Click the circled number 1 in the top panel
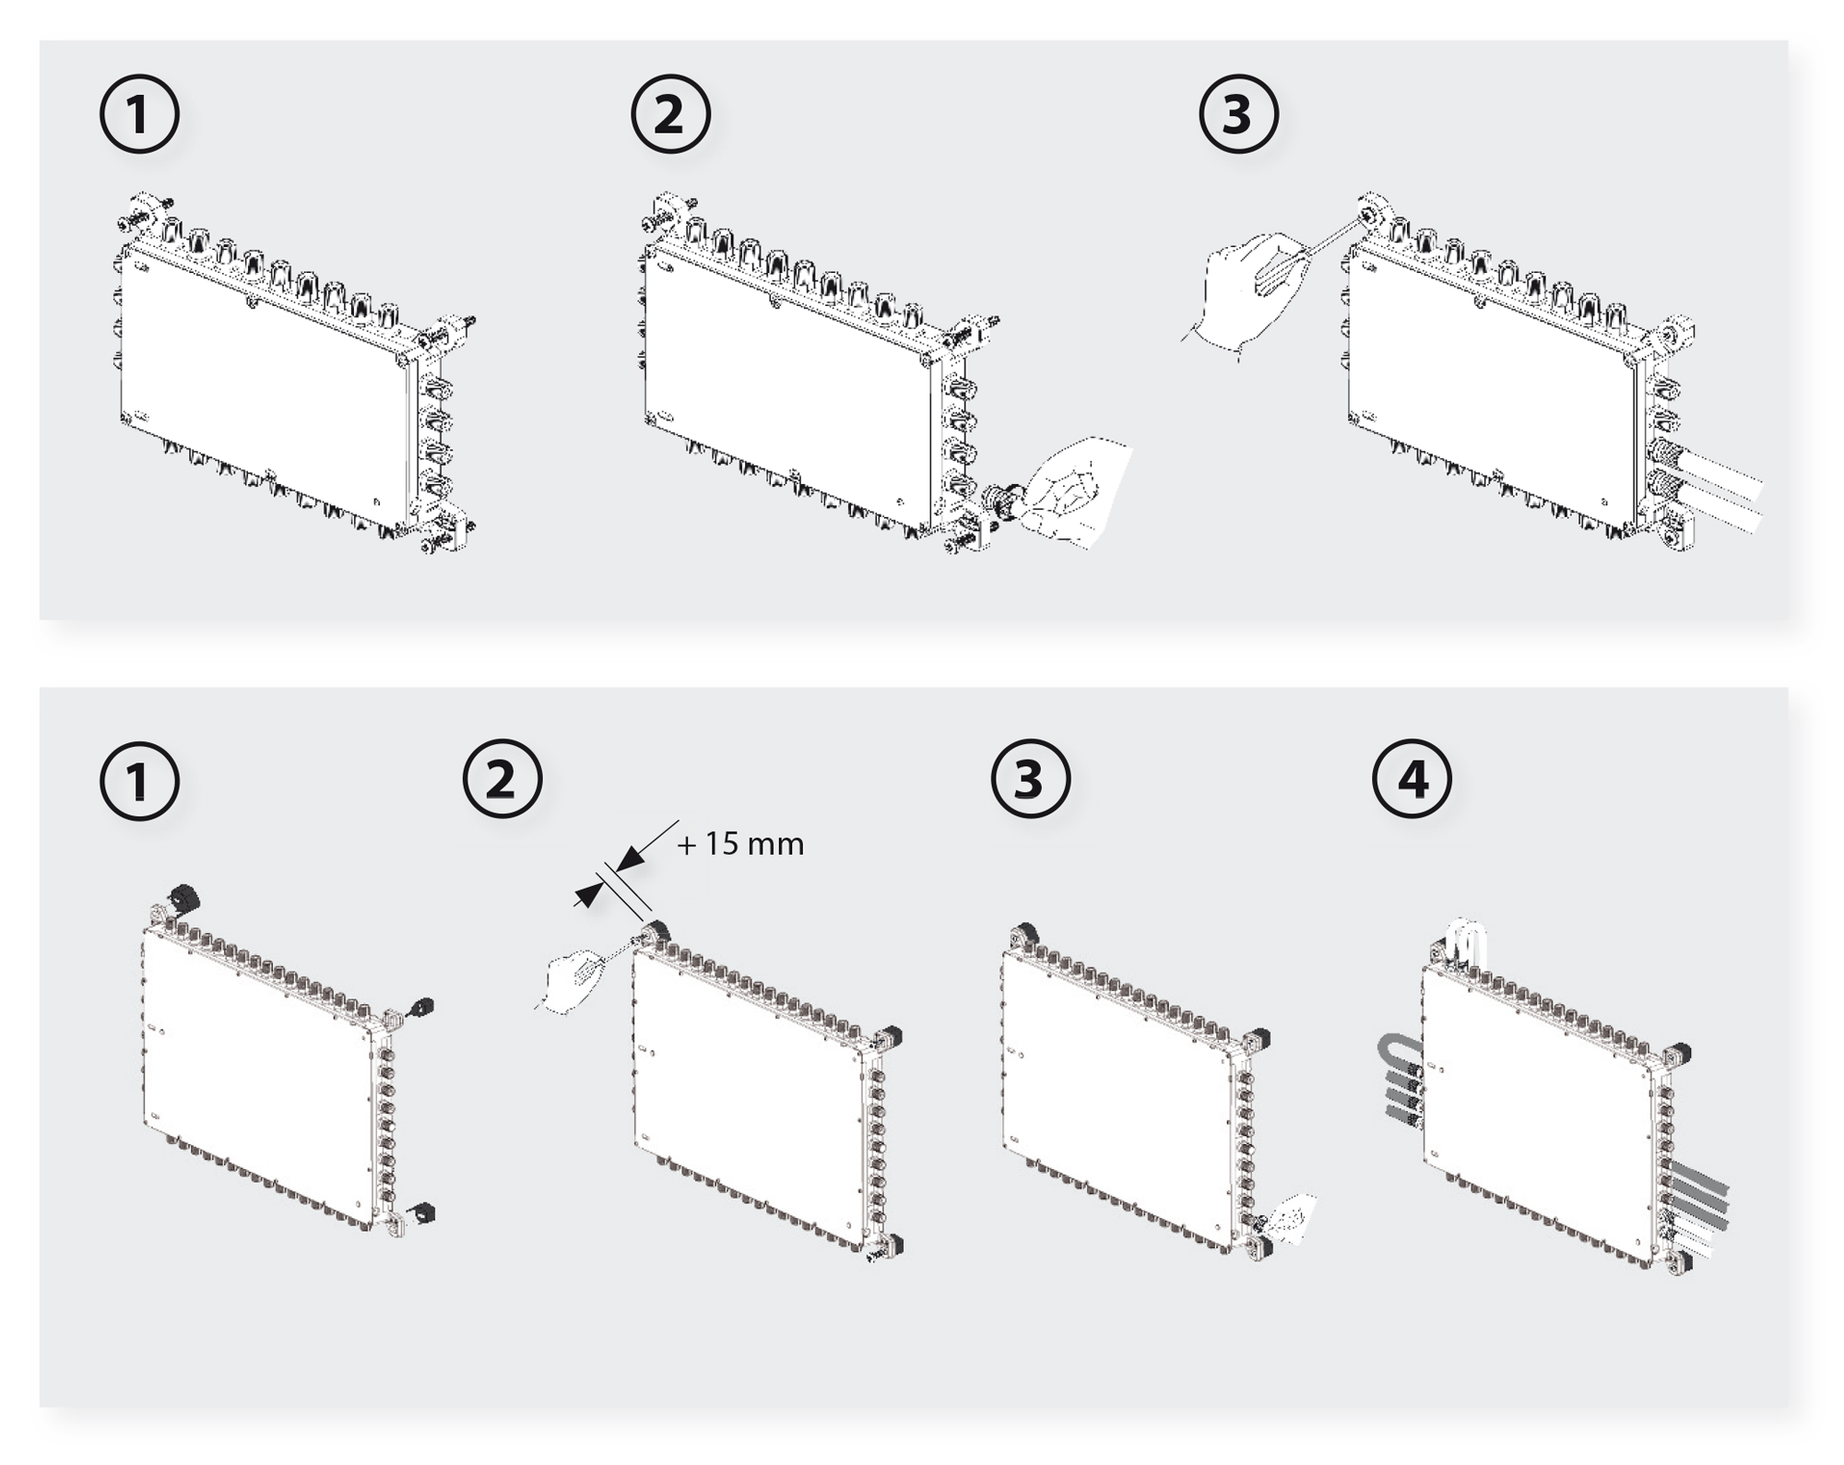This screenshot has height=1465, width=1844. tap(138, 115)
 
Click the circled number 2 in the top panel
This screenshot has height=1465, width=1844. tap(670, 115)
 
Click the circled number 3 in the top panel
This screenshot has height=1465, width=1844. tap(1238, 115)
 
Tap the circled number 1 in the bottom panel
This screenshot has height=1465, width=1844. tap(138, 781)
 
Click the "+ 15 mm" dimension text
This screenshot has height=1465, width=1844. tap(740, 845)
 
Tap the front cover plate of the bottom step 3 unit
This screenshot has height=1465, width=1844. tap(1116, 1097)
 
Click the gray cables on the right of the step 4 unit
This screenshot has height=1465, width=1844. tap(1696, 1199)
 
